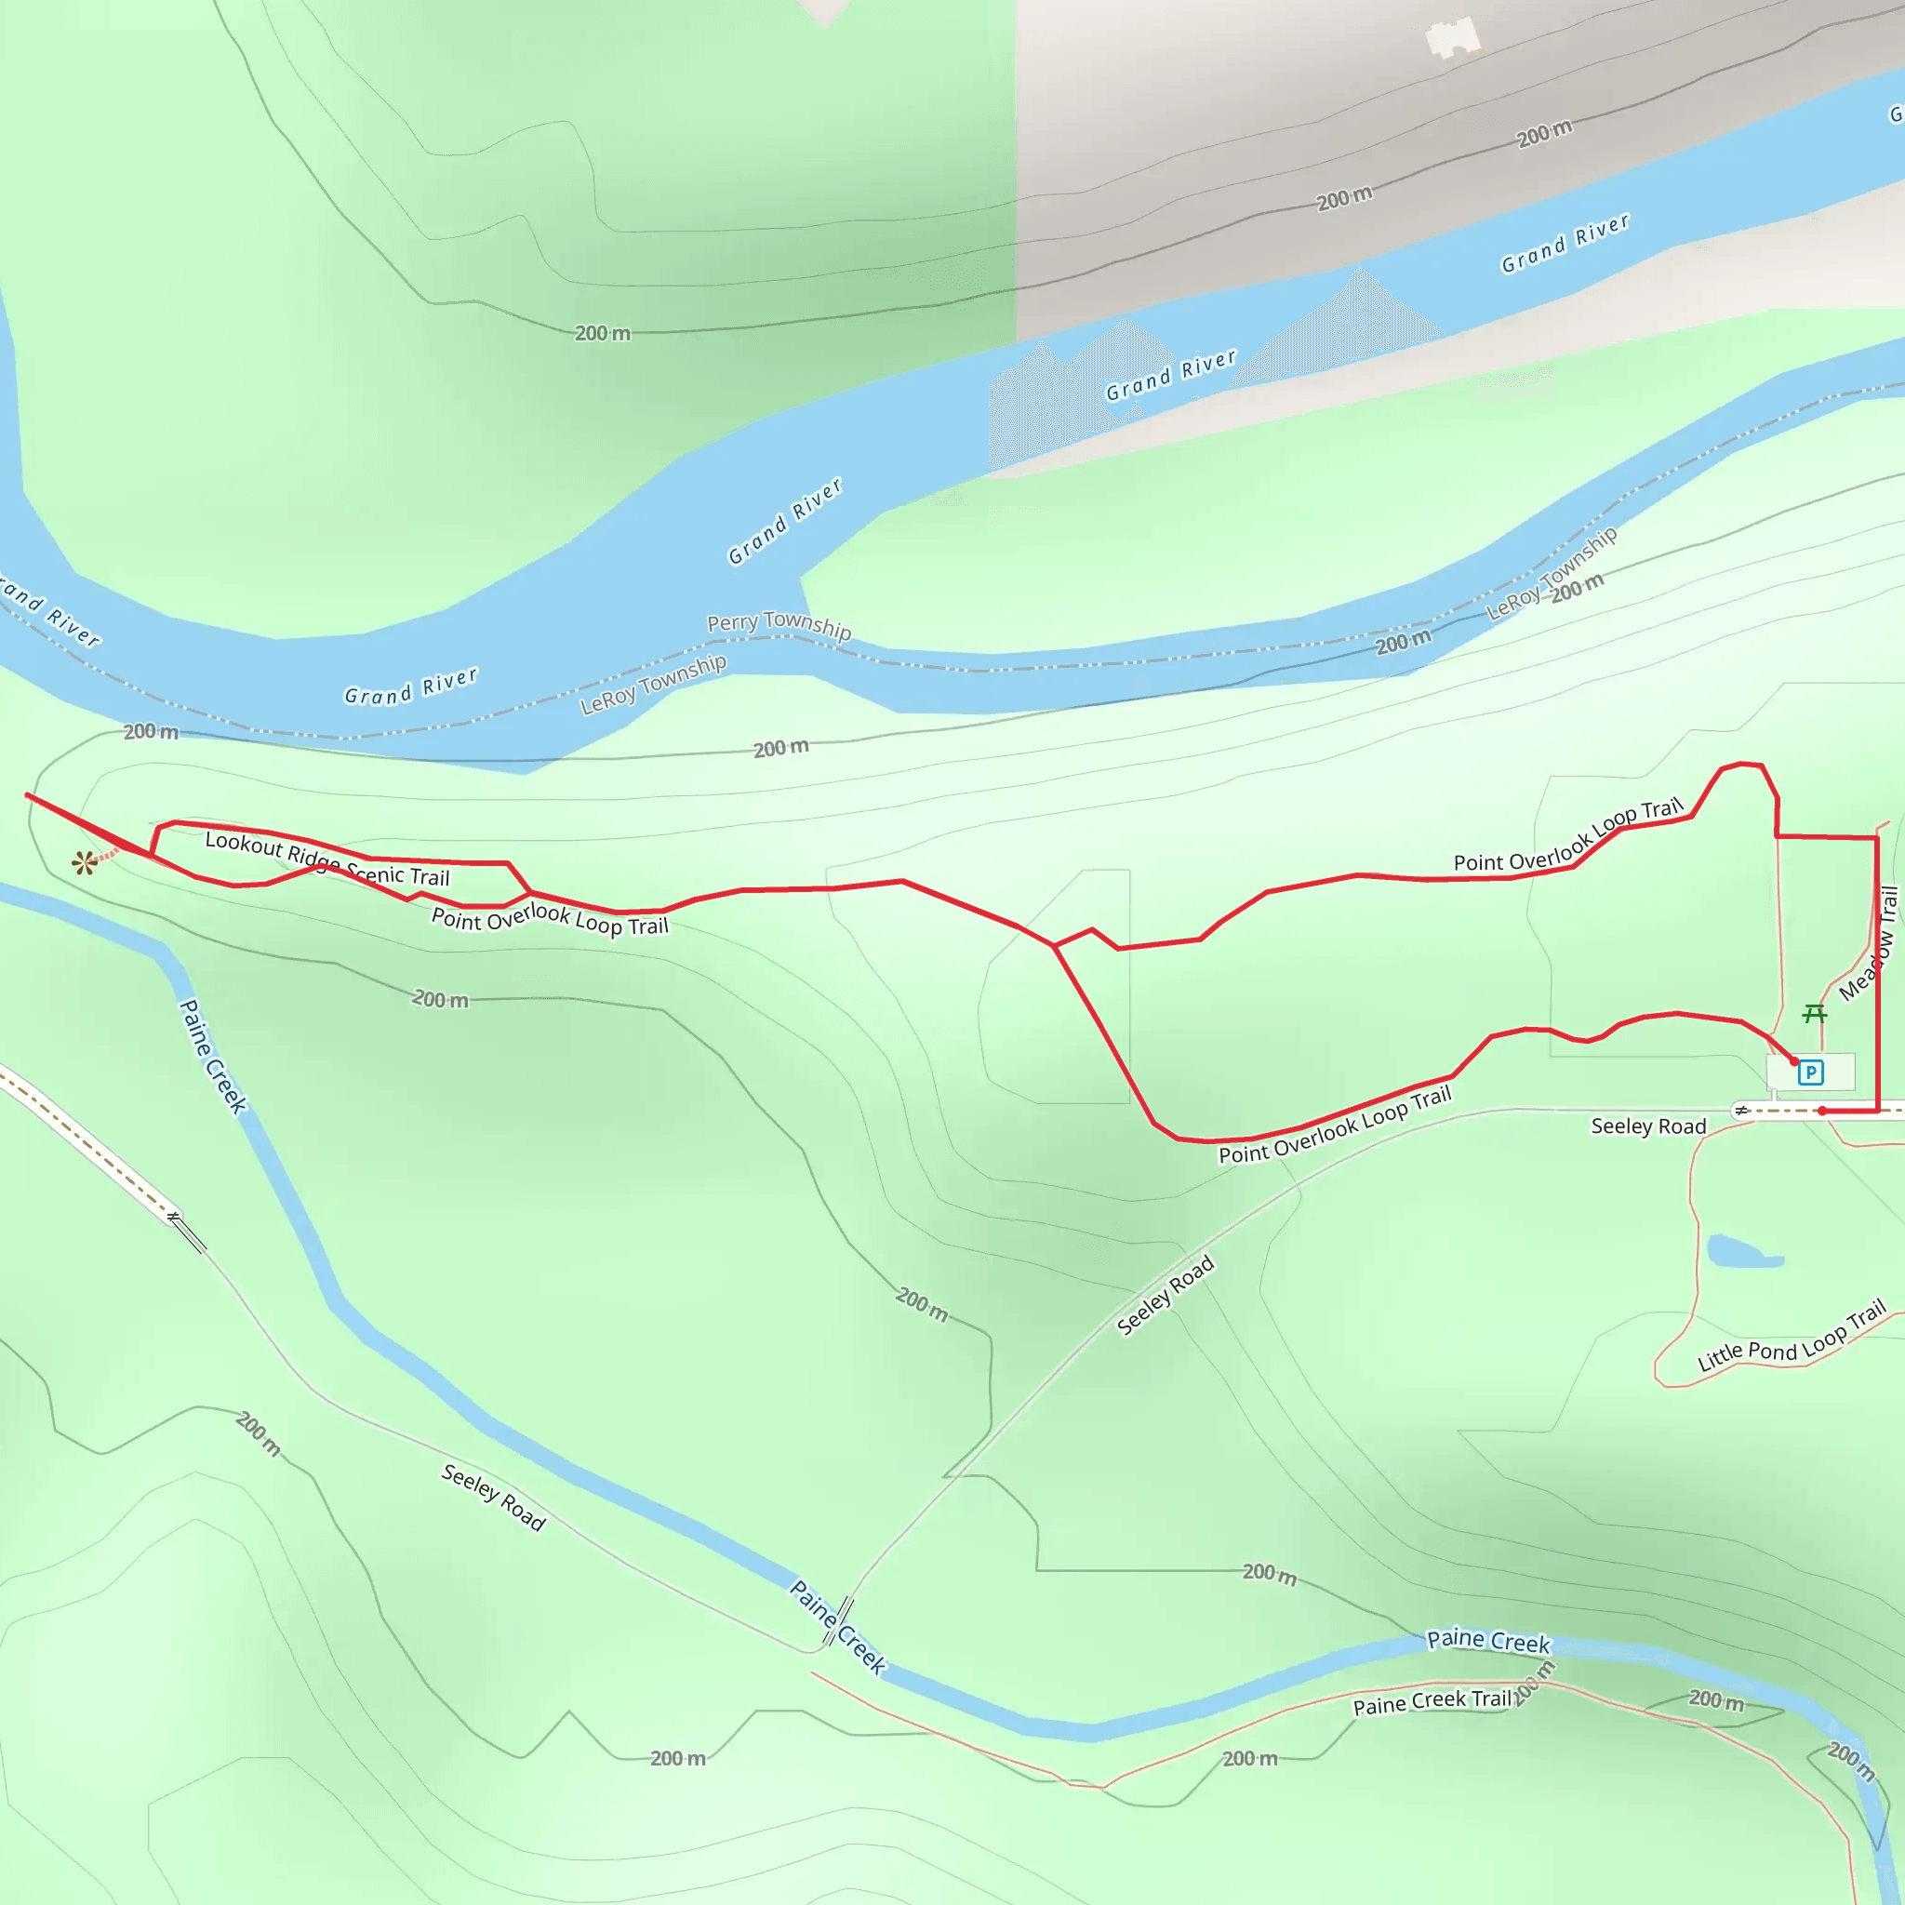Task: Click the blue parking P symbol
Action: (1810, 1072)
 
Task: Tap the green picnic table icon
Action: (1814, 1014)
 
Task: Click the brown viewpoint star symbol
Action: (85, 864)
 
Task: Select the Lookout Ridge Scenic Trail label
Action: (327, 859)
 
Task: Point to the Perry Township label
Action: (779, 625)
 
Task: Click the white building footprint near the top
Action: (1452, 38)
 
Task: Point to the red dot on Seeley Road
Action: (1822, 1112)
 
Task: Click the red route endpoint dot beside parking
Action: (1794, 1062)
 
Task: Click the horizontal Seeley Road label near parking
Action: (1648, 1127)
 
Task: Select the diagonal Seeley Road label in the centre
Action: (1165, 1296)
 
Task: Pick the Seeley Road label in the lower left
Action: (493, 1498)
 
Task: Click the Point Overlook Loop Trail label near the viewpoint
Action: (551, 919)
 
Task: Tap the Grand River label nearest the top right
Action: (1565, 243)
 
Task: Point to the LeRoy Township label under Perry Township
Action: (653, 685)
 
